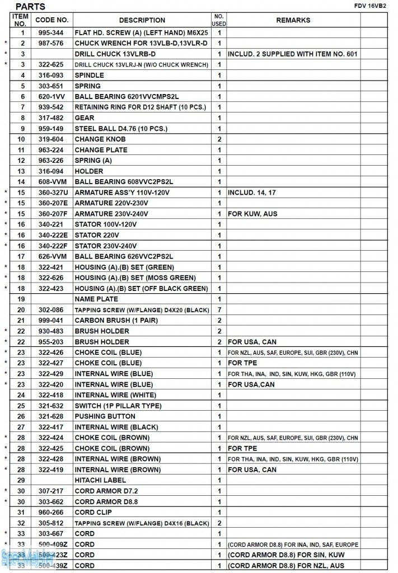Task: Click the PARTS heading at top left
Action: click(x=30, y=6)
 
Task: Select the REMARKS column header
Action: click(x=293, y=20)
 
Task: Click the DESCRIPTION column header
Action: click(x=142, y=20)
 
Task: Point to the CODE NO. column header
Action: click(x=51, y=20)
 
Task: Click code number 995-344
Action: click(x=51, y=33)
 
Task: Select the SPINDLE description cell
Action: click(x=89, y=76)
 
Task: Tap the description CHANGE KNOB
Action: click(x=100, y=139)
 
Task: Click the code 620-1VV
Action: click(x=51, y=97)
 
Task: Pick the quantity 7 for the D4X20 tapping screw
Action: click(x=219, y=310)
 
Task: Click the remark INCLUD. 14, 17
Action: click(x=252, y=192)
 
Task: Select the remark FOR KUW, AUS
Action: click(x=252, y=214)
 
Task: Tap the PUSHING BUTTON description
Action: click(x=105, y=416)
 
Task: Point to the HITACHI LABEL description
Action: click(x=100, y=480)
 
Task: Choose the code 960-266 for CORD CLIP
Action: click(x=51, y=512)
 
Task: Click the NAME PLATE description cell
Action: click(x=96, y=299)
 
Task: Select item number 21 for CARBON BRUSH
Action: click(x=21, y=321)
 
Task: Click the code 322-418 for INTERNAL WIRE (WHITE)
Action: click(x=51, y=395)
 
